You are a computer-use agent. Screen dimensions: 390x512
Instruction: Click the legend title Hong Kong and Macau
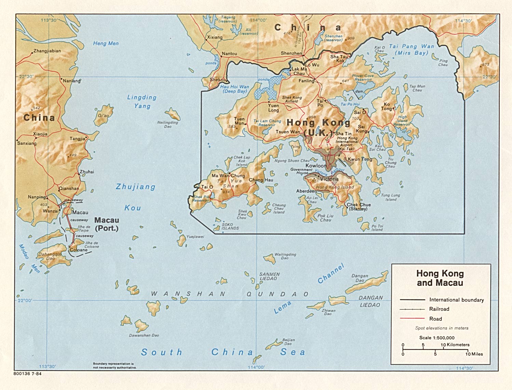[440, 278]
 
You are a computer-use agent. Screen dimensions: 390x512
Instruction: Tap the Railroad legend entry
[439, 309]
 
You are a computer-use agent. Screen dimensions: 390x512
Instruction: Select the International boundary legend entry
[456, 300]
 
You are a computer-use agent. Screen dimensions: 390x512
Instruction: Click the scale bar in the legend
[435, 349]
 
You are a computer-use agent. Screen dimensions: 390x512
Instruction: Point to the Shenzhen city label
[291, 53]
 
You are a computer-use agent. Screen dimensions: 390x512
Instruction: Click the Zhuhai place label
[87, 172]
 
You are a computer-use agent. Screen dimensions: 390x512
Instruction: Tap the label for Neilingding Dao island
[167, 124]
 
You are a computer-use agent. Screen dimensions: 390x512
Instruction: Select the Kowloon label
[316, 165]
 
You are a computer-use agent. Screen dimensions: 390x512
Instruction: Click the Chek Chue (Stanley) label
[359, 207]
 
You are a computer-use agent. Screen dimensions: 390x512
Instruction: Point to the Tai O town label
[207, 187]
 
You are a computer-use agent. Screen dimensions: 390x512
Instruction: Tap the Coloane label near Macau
[79, 250]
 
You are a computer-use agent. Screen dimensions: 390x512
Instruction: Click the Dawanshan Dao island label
[144, 335]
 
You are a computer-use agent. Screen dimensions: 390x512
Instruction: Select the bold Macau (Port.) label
[107, 224]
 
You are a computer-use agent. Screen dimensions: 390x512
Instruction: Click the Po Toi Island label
[377, 228]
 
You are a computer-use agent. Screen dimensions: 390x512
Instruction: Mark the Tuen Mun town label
[239, 121]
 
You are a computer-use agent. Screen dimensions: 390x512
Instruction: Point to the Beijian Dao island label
[288, 341]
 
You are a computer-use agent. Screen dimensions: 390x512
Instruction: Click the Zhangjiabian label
[47, 51]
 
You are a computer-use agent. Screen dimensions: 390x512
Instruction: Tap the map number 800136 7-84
[28, 374]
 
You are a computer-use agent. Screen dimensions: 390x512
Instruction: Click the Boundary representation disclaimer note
[114, 366]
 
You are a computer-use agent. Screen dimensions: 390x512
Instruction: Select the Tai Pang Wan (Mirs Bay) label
[412, 49]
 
